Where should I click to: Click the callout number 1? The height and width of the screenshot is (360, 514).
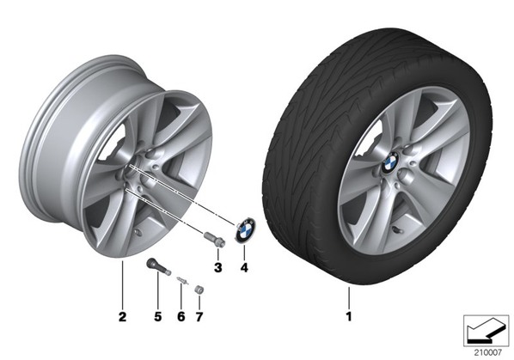349,316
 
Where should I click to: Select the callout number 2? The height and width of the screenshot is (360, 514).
122,317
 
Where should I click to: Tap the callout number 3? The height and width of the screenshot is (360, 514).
218,267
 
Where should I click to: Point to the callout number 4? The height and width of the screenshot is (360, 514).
244,267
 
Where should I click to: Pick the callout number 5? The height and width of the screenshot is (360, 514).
158,317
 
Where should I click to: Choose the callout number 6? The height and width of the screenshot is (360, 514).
181,317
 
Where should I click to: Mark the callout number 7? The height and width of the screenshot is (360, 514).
199,317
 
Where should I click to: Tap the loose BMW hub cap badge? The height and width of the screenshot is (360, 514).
245,230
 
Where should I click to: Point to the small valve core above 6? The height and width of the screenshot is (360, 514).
182,281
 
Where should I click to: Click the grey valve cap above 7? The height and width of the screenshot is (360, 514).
199,290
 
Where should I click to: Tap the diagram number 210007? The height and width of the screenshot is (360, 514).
487,352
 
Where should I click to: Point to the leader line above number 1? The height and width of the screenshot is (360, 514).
349,297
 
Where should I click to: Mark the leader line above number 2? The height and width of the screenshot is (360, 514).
122,284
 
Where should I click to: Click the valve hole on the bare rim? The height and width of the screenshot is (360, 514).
138,233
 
